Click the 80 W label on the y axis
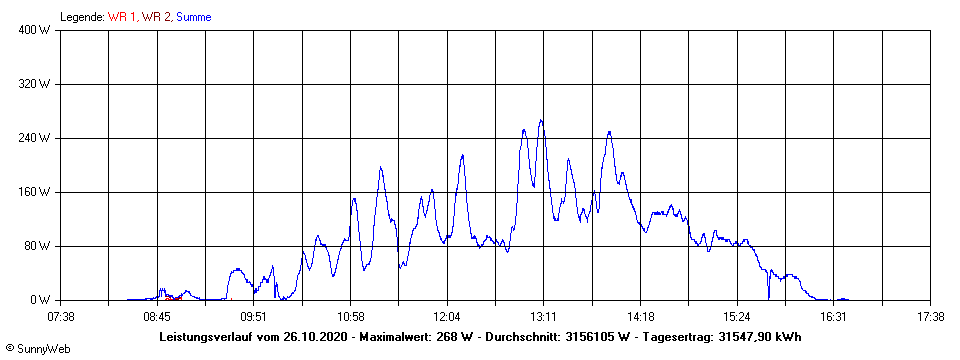coord(39,246)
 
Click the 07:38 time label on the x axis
coord(61,316)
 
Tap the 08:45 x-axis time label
coord(157,316)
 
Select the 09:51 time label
coord(254,316)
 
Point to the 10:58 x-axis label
coord(350,316)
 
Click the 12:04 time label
coord(447,316)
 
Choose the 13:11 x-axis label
coord(543,316)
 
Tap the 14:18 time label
coord(640,316)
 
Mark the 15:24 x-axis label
coord(736,316)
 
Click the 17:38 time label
coord(930,316)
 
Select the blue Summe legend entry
coord(193,17)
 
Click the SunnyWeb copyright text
coord(37,350)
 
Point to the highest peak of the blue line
coord(541,120)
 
